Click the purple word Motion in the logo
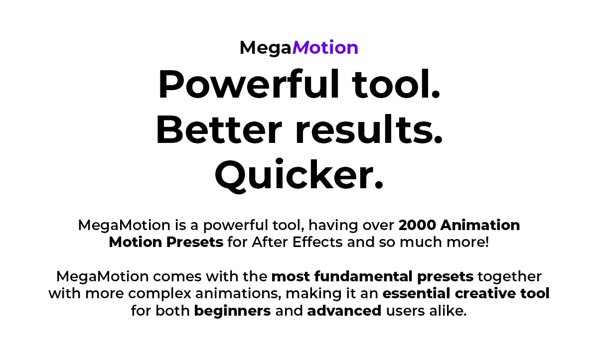click(325, 47)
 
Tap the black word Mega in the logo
click(265, 48)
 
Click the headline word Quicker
click(299, 174)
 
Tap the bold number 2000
click(417, 225)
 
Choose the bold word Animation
click(480, 225)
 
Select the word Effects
click(317, 242)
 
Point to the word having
click(333, 226)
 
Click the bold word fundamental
click(363, 276)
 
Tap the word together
click(510, 277)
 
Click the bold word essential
click(417, 293)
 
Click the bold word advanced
click(344, 311)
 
